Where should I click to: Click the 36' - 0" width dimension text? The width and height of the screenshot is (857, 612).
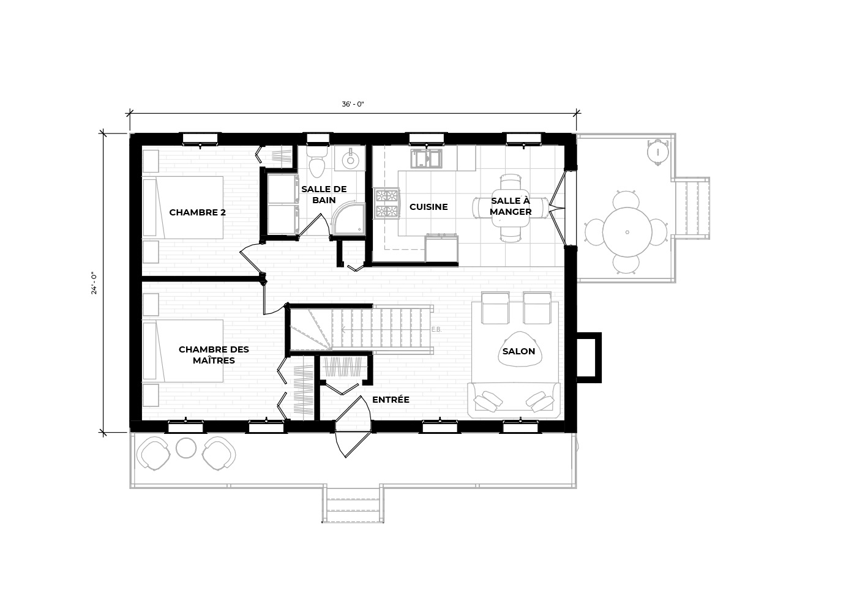[353, 104]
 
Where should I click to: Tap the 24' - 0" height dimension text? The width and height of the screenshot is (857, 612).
[94, 283]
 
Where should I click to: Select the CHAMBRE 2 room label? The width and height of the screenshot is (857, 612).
[197, 212]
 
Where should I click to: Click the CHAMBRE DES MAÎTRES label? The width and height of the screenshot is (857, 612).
[214, 355]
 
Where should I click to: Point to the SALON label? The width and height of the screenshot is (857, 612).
[519, 351]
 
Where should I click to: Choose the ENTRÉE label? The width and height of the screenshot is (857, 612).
[391, 400]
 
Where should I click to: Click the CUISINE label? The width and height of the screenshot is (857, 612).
[428, 207]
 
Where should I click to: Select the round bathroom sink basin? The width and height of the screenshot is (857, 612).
[350, 159]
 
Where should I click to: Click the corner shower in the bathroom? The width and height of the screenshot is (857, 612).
[348, 218]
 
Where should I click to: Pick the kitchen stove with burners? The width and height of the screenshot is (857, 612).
[387, 203]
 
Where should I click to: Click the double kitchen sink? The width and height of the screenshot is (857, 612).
[427, 159]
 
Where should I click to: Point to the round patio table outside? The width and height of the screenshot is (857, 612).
[627, 232]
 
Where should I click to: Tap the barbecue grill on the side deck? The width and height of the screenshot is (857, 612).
[657, 152]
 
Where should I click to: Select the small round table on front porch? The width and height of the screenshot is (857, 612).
[186, 448]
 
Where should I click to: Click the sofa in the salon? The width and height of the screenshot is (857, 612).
[514, 400]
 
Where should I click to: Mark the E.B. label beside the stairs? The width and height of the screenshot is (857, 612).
[436, 329]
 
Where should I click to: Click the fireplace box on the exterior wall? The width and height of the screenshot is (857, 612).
[589, 357]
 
